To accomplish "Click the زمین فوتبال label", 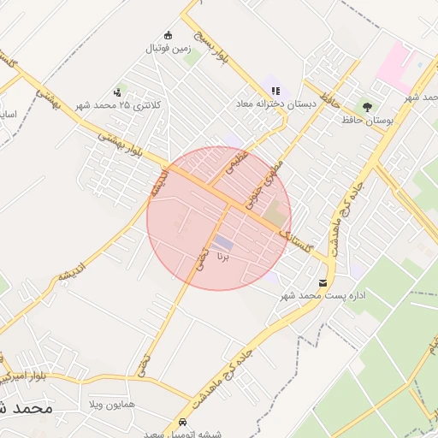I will pos(169,50).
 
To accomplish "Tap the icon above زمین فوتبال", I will pos(169,36).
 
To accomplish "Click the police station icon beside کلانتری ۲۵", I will pos(117,92).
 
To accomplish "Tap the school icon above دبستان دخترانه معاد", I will pos(275,90).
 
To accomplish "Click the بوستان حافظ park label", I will pos(366,121).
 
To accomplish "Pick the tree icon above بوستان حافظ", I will pos(366,107).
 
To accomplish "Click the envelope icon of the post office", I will pos(323,282).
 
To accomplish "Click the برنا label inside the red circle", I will pos(223,255).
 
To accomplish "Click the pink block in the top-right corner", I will pos(394,63).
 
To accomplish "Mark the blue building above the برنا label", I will pos(222,243).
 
